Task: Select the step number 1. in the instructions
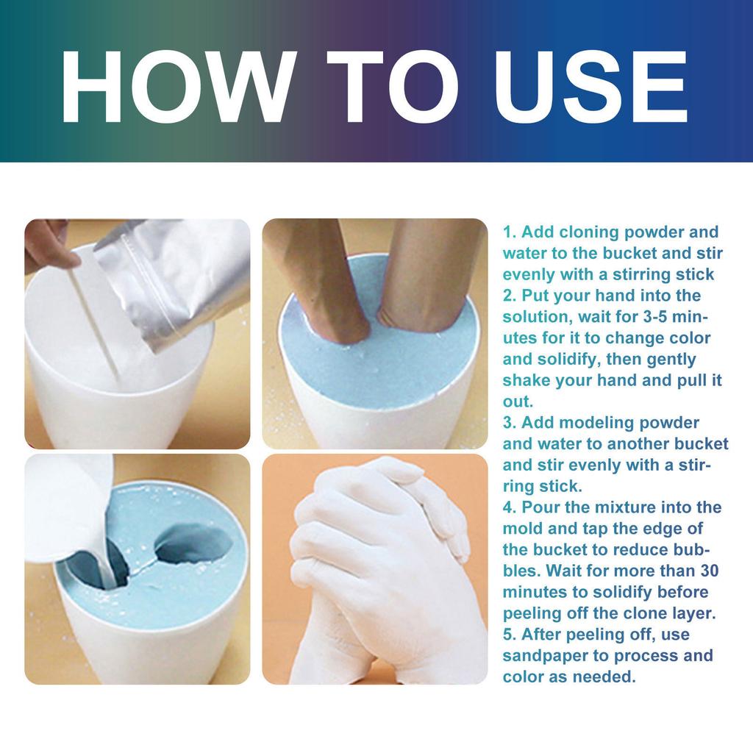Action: coord(510,232)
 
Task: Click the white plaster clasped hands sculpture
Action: coord(382,566)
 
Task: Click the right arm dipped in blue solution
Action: coord(427,272)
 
